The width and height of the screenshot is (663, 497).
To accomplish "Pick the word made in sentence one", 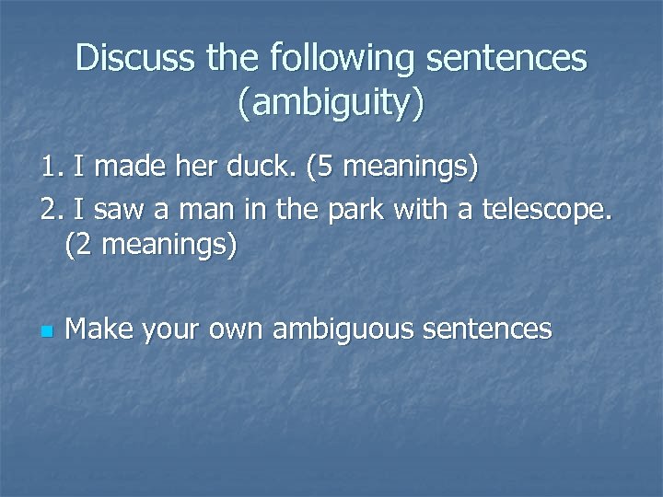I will click(x=130, y=168).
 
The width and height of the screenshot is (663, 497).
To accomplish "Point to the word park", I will click(x=353, y=211).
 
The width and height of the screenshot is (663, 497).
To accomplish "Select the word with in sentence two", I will click(x=422, y=211).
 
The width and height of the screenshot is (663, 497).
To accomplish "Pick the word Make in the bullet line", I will click(x=98, y=329).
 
